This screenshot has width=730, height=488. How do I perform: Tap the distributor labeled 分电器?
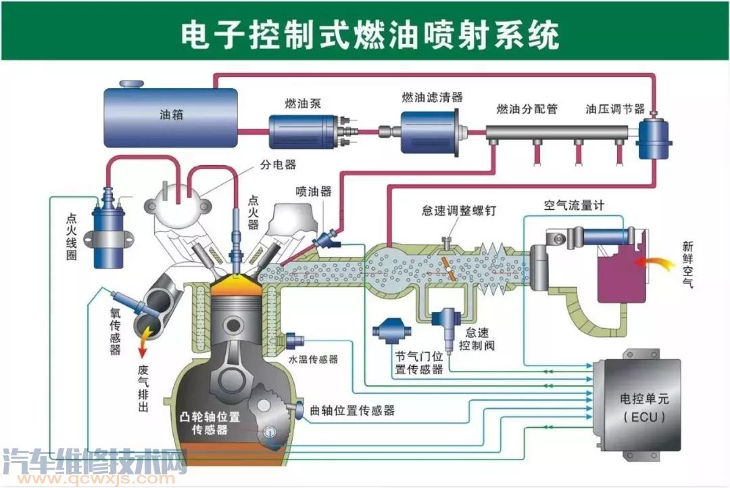[180, 203]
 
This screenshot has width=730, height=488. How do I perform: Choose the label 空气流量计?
[574, 205]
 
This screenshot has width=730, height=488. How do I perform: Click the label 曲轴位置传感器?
[352, 410]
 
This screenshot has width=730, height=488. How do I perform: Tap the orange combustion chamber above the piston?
[236, 288]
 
